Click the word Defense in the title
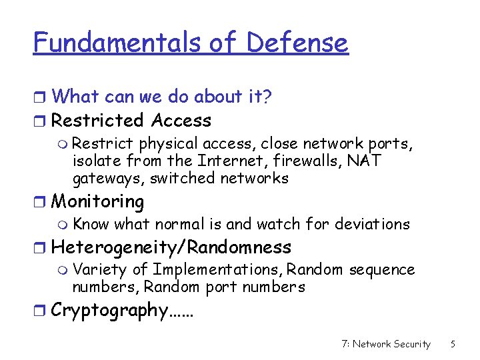tap(297, 43)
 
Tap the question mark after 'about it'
tap(267, 97)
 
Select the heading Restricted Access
tap(131, 121)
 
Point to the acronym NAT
tap(365, 161)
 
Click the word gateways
tap(107, 179)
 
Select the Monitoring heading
tap(97, 201)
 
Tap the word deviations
tap(372, 224)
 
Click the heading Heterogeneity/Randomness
tap(171, 247)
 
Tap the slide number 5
tap(453, 344)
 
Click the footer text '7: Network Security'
tap(385, 344)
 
